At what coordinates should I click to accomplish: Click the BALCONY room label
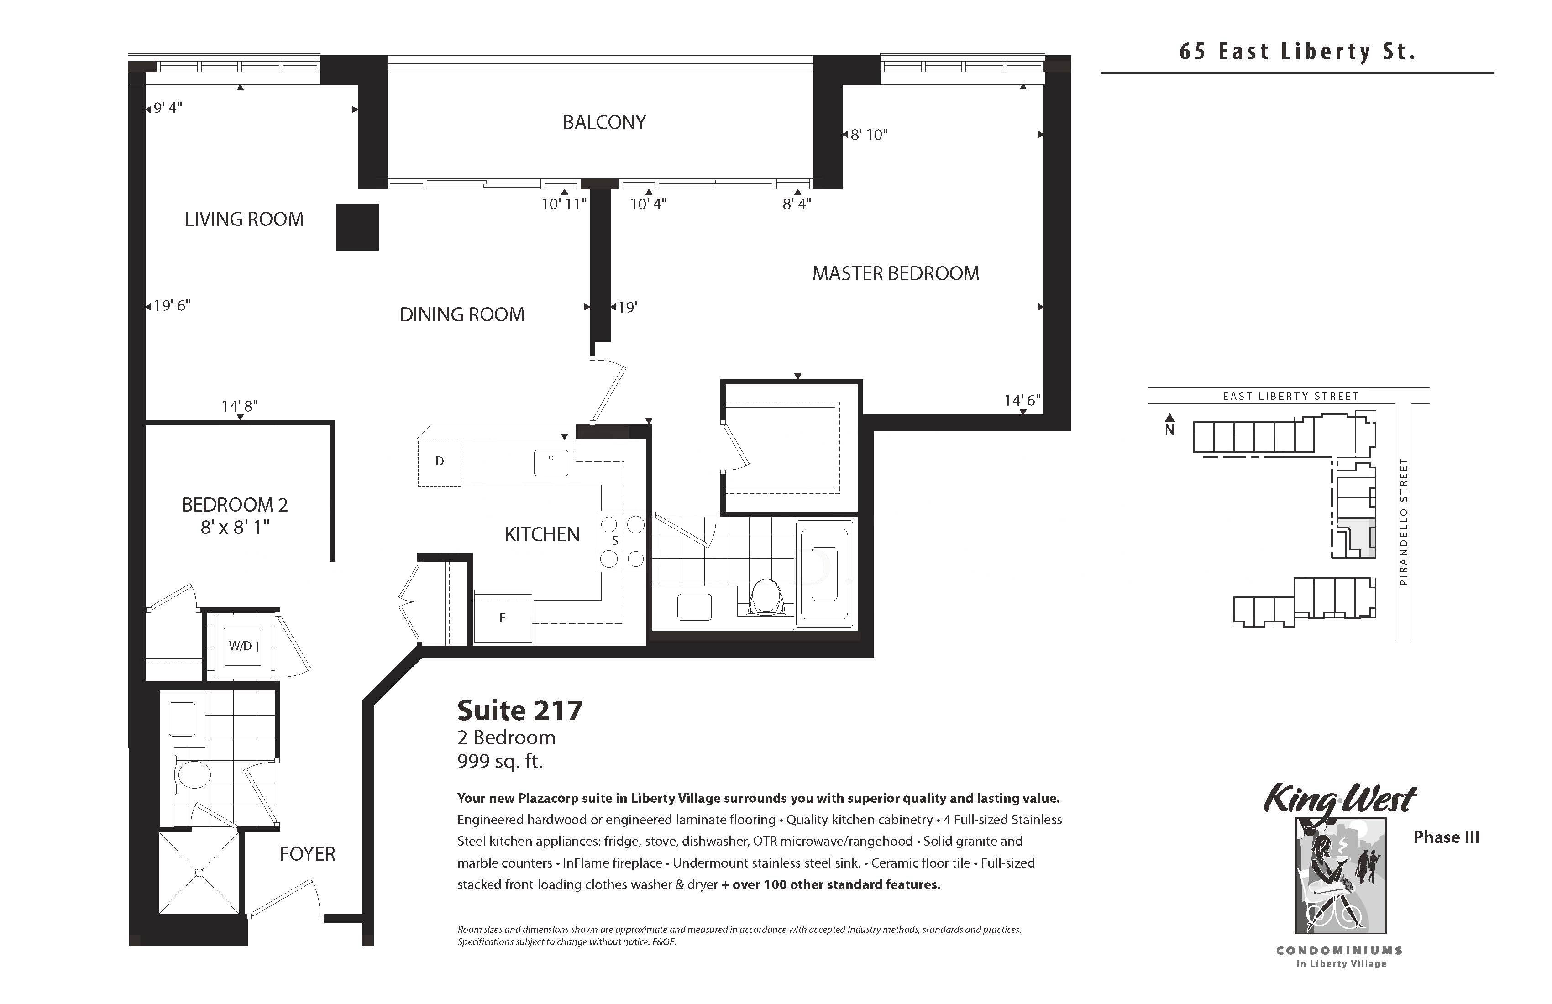[604, 123]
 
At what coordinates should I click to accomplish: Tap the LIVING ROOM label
[244, 219]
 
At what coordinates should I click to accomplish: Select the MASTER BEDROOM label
[895, 273]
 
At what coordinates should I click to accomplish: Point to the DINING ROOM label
[461, 314]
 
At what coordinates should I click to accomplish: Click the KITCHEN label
[542, 534]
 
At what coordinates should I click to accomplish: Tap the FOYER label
[307, 854]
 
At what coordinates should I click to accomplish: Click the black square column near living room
[357, 227]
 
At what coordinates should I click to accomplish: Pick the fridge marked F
[503, 617]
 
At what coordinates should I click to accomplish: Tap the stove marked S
[622, 541]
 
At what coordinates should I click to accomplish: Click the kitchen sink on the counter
[551, 463]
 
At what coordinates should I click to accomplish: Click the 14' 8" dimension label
[239, 406]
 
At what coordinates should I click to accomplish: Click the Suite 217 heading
[520, 711]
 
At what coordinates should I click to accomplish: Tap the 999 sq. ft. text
[500, 761]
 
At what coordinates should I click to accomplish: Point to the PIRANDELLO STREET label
[1404, 522]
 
